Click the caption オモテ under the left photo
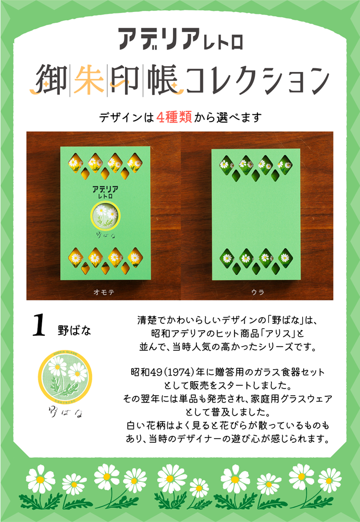coord(104,293)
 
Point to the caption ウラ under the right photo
coord(257,293)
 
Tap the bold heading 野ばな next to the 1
coord(75,330)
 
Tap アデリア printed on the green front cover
coord(105,188)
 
